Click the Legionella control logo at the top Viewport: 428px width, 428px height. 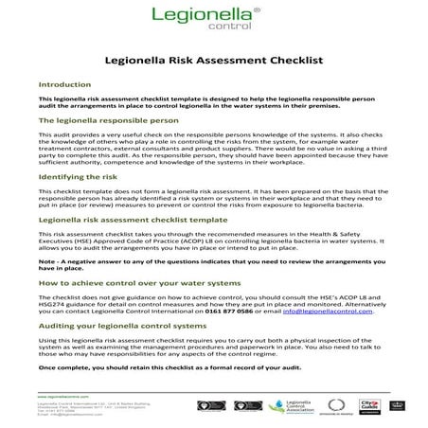[x=214, y=20]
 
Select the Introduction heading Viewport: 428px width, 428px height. [x=65, y=84]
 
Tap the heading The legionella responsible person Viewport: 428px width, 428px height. [x=107, y=121]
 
